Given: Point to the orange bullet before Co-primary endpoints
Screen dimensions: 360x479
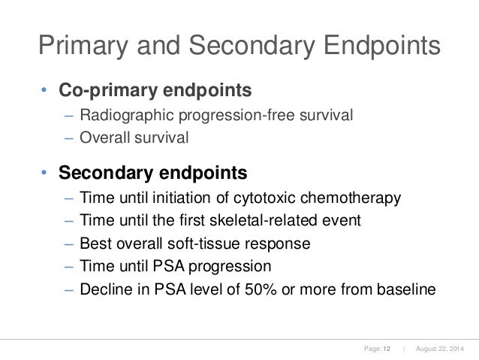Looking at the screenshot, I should (x=44, y=92).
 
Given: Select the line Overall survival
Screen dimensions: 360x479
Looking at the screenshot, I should (x=131, y=138).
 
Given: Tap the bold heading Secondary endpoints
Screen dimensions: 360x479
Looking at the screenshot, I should (x=153, y=174).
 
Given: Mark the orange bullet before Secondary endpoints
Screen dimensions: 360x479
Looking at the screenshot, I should (x=44, y=174).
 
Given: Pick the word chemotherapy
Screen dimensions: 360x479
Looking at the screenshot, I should (x=350, y=198).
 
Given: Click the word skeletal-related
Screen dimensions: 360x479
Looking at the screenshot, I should (x=276, y=221).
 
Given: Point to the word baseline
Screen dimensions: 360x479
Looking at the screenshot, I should (x=403, y=289).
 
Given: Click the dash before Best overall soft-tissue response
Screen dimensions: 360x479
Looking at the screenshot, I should (x=68, y=244).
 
